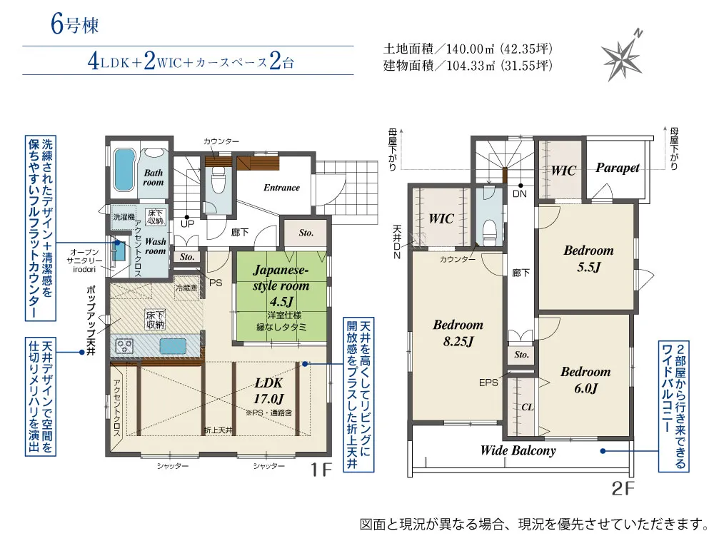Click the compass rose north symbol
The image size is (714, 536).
tap(623, 56)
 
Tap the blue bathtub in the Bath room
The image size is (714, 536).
tap(124, 170)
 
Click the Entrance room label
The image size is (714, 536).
tap(281, 188)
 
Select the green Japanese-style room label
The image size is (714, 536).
tap(281, 285)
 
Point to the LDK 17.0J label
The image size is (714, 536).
tap(268, 391)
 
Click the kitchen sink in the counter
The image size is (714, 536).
tap(173, 346)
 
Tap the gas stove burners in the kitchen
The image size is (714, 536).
tap(124, 347)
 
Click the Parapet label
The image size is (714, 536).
tap(618, 168)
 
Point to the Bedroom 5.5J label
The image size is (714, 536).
tap(588, 258)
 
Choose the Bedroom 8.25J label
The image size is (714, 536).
tap(458, 333)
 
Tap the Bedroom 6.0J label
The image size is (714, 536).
tap(585, 380)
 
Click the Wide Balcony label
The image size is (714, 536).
tap(518, 450)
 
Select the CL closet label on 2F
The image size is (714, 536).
tap(528, 408)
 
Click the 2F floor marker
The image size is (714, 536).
tap(623, 489)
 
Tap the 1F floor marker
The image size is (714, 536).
tap(321, 470)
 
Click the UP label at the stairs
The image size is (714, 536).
tap(187, 224)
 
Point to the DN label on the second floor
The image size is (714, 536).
tap(520, 194)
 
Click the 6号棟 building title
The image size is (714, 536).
tap(74, 24)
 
